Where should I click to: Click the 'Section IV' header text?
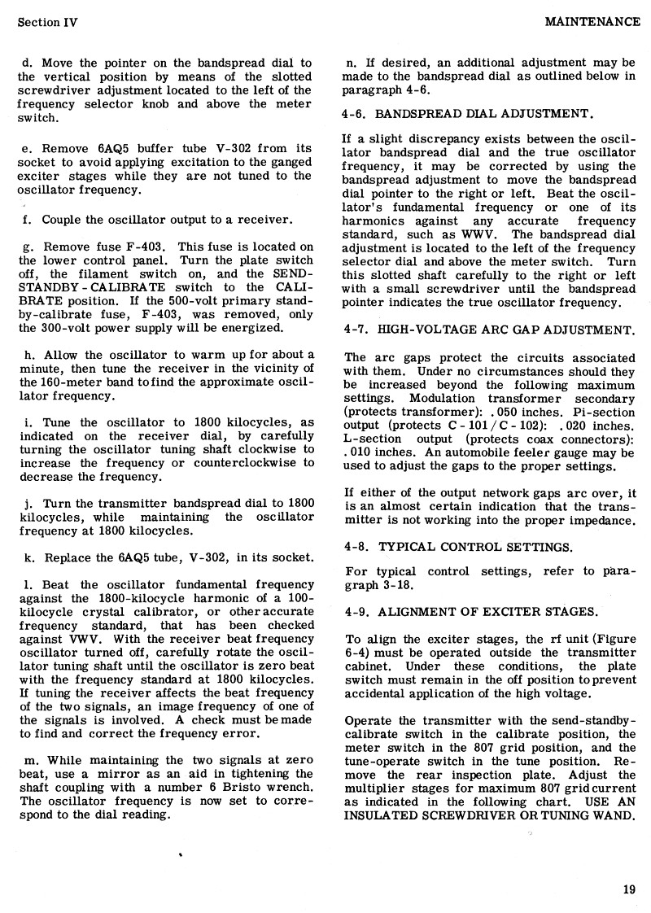coord(47,22)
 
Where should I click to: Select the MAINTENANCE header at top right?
coord(592,22)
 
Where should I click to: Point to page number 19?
coord(628,889)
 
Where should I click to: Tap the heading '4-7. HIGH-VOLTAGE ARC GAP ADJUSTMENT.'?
coord(489,330)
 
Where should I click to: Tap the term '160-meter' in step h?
coord(68,382)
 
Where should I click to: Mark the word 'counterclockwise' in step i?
coord(244,463)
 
